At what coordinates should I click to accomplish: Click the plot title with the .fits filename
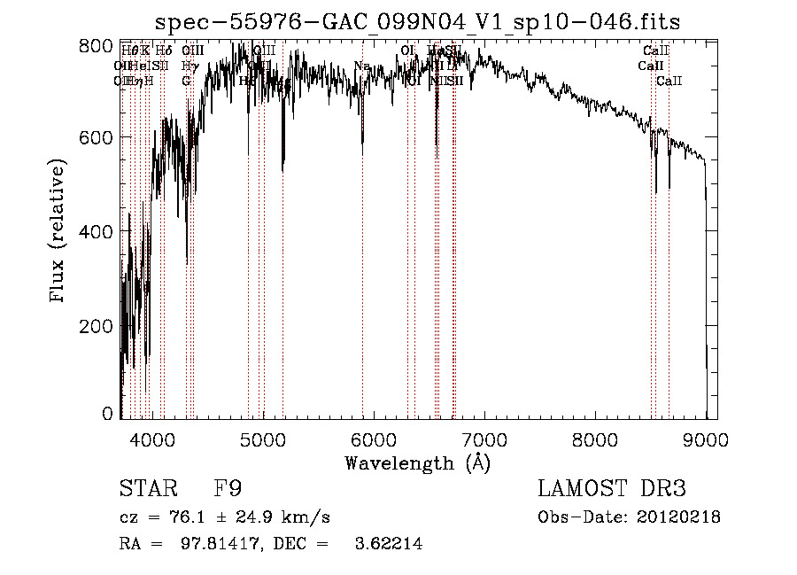418,23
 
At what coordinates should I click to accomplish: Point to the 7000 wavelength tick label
484,439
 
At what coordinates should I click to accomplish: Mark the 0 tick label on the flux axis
108,414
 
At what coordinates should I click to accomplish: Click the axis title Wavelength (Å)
417,462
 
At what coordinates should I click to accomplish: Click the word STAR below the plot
142,488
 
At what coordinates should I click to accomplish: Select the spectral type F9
228,488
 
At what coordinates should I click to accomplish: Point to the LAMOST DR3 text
612,488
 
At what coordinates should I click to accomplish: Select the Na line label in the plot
361,66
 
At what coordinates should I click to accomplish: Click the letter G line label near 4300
187,81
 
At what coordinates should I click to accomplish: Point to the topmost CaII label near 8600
656,51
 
